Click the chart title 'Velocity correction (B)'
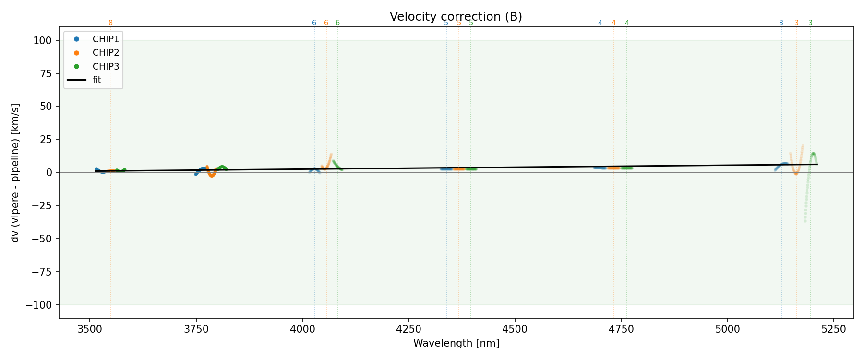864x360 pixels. point(456,17)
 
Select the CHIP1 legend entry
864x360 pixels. point(106,39)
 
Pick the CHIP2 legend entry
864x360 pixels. point(106,53)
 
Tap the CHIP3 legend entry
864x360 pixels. point(106,66)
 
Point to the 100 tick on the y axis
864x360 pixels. point(42,40)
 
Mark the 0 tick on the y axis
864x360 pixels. point(48,172)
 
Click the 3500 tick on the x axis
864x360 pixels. point(90,329)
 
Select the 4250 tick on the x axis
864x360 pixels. point(408,329)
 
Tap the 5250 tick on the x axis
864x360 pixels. point(833,329)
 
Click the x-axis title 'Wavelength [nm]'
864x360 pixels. point(456,343)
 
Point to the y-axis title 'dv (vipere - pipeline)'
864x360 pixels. point(15,172)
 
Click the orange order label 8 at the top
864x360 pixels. point(110,23)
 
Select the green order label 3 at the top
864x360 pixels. point(811,23)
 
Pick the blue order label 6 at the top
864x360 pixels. point(314,23)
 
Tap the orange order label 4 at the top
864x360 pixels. point(613,23)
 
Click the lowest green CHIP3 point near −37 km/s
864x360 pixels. point(805,221)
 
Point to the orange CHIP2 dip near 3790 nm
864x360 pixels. point(212,175)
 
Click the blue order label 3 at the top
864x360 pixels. point(781,23)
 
